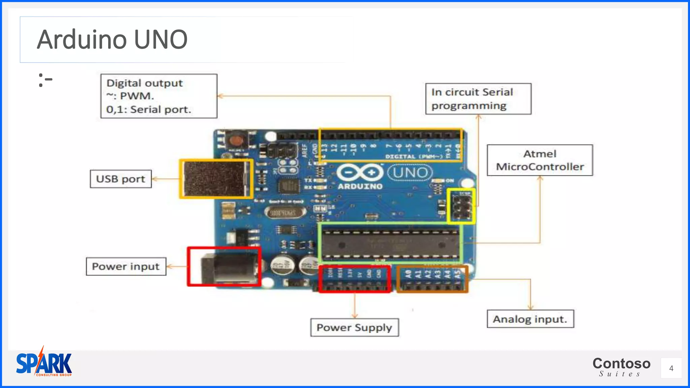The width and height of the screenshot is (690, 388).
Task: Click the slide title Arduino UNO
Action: (x=112, y=39)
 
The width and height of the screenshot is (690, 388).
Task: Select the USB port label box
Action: (x=121, y=179)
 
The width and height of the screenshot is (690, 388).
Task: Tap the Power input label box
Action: (x=126, y=266)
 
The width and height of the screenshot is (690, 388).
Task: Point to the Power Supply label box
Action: (x=354, y=327)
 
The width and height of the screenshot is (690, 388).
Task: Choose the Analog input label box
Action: (x=530, y=319)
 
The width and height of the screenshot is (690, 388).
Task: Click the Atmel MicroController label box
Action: (x=540, y=160)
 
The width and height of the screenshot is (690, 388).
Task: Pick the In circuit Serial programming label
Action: (x=478, y=99)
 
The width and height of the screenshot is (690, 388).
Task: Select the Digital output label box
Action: (x=159, y=96)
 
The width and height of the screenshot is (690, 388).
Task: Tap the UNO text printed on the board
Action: (x=410, y=173)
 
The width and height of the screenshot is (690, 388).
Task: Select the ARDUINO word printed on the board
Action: (x=360, y=186)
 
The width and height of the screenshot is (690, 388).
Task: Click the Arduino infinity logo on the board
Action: (x=360, y=172)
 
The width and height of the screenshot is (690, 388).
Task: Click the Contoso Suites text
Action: (x=621, y=366)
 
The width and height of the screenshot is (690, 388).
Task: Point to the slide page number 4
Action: (x=671, y=368)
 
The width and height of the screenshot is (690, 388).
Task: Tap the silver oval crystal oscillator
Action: (x=285, y=213)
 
